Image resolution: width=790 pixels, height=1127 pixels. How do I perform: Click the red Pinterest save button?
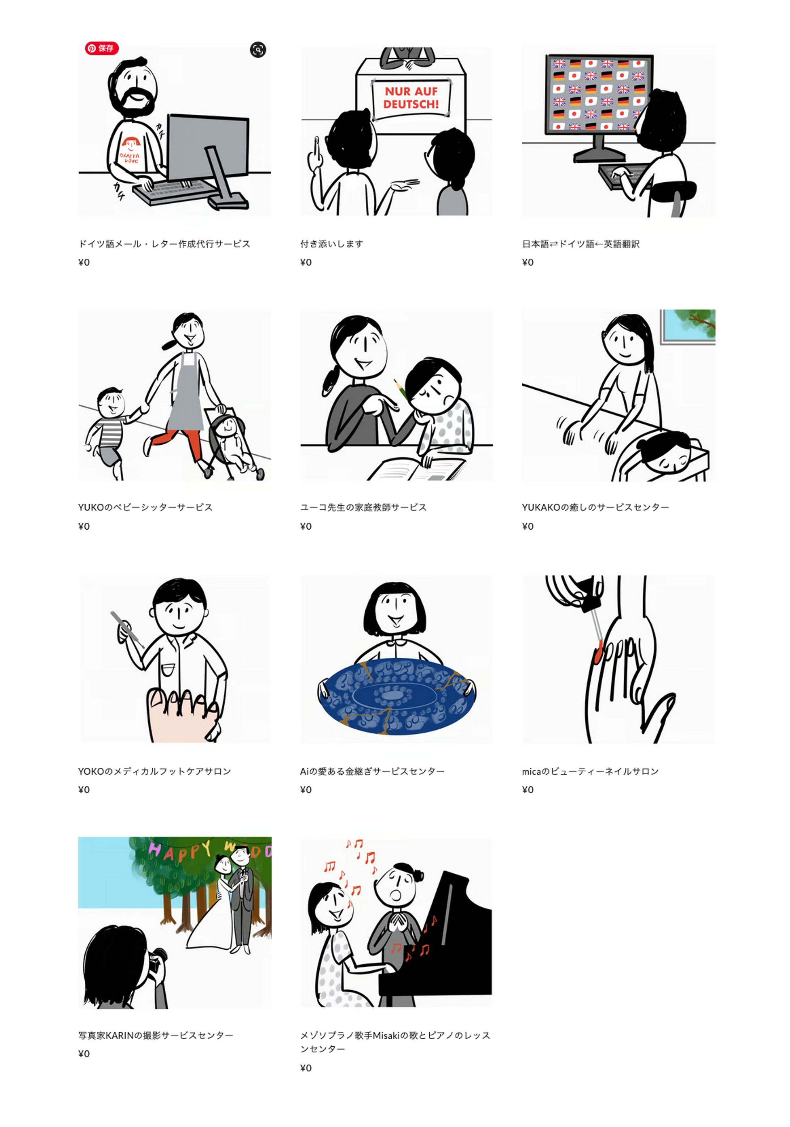[102, 48]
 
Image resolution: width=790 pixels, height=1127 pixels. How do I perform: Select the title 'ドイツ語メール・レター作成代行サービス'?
[164, 244]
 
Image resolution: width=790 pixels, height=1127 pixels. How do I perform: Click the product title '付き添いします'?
[332, 244]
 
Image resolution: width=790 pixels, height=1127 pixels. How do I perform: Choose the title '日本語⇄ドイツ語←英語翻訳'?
[581, 244]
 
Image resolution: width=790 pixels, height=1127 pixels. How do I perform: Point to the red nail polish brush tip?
[598, 652]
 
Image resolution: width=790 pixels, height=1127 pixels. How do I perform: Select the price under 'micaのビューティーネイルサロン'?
[528, 790]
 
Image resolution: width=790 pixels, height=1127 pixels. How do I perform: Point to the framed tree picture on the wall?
[687, 326]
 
